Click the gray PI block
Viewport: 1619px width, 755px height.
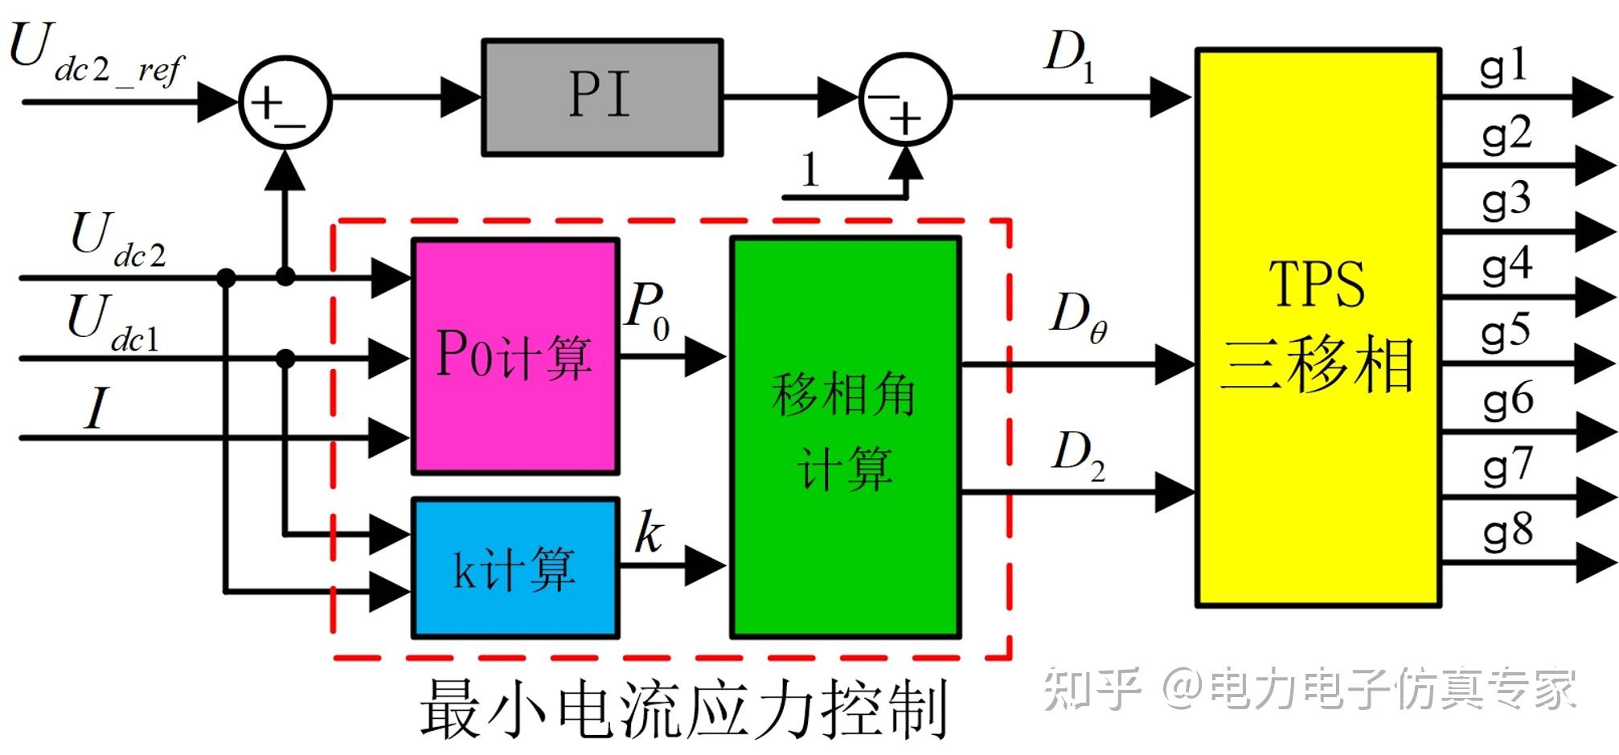click(601, 97)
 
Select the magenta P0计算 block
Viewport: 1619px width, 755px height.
click(515, 356)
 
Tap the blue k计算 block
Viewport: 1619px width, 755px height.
click(515, 568)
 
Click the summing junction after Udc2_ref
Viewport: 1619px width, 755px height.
click(285, 102)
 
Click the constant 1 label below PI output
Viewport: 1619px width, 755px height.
click(809, 170)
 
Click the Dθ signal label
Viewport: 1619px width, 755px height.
click(1077, 315)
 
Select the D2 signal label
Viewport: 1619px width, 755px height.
click(1077, 454)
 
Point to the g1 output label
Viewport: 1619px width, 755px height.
click(1503, 67)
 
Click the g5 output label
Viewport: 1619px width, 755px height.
click(1505, 331)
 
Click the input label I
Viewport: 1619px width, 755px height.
click(96, 408)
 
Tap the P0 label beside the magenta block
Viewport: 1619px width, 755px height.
click(647, 310)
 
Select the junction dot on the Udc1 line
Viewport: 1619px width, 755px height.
click(285, 359)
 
